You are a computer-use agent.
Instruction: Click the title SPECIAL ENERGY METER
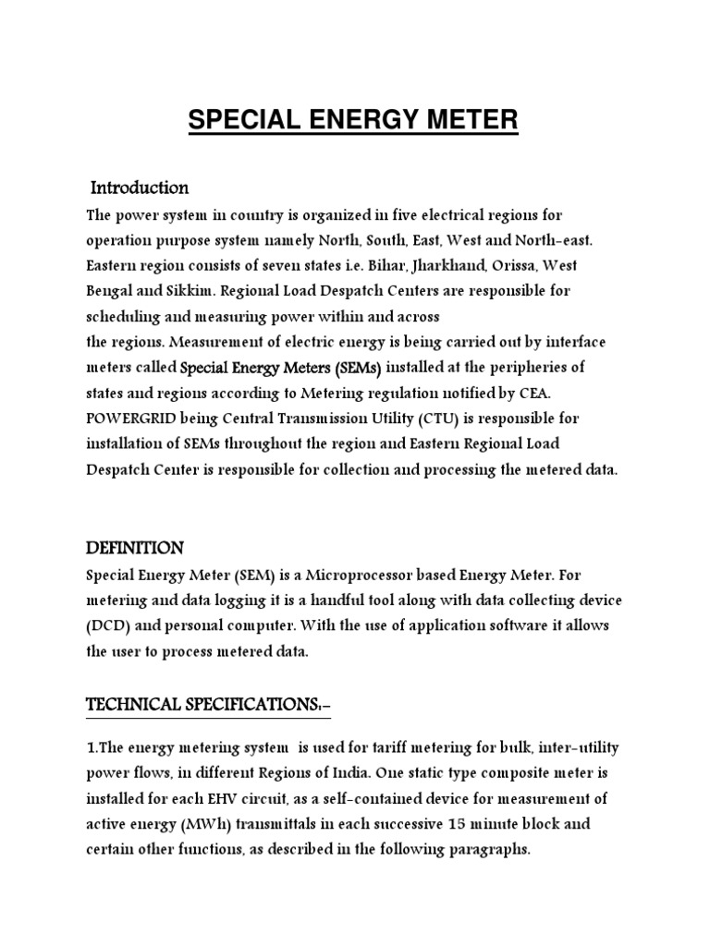[354, 120]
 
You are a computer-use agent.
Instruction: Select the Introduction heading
[140, 188]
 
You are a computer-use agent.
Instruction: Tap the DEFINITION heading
[135, 548]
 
